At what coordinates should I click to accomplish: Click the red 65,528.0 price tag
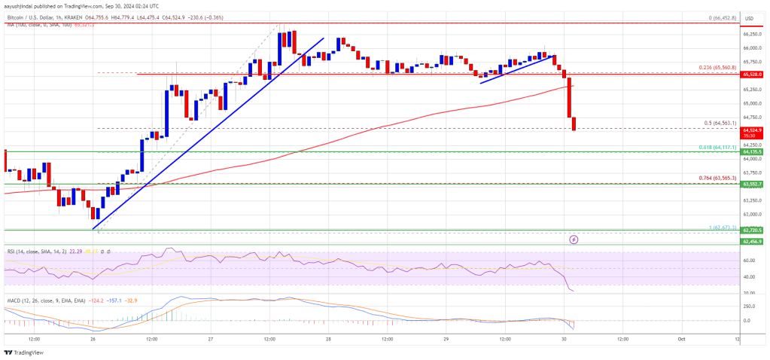(752, 75)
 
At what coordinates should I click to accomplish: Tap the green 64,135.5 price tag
(752, 151)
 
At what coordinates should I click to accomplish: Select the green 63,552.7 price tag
(752, 184)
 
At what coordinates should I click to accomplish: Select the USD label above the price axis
(750, 17)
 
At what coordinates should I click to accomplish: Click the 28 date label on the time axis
(329, 338)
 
